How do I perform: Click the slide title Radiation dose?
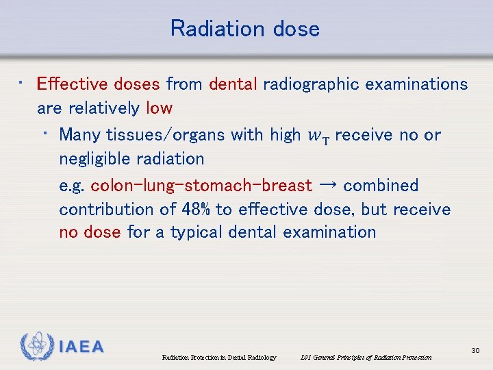click(245, 29)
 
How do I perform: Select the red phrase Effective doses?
click(98, 84)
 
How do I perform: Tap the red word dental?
click(233, 84)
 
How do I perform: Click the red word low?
click(159, 108)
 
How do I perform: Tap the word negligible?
click(94, 159)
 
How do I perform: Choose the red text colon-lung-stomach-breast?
click(201, 186)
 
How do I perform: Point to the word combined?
click(381, 186)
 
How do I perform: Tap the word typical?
click(197, 232)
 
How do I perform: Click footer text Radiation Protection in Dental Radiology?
click(218, 357)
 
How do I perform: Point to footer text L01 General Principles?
click(366, 357)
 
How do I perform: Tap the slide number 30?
click(475, 351)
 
